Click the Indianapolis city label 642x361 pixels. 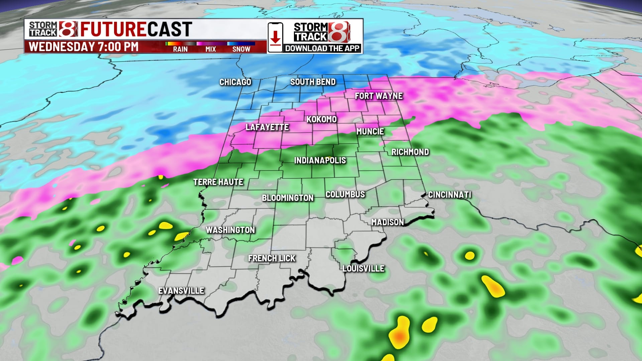pos(320,160)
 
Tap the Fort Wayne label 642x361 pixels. pos(379,96)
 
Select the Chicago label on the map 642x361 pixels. pos(235,82)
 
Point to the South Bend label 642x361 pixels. pos(313,82)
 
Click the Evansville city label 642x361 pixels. pos(181,290)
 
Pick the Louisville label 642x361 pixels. pos(363,268)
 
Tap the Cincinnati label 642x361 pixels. pos(450,195)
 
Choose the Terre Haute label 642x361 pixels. pos(218,182)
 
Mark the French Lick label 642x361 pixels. pos(272,258)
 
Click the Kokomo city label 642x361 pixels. pos(322,119)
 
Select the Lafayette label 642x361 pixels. pos(267,127)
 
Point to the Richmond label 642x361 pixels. pos(410,152)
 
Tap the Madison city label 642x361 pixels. pos(388,222)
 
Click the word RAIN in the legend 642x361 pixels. pos(180,49)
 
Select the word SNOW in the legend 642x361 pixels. pos(241,49)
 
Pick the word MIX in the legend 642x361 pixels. pos(211,49)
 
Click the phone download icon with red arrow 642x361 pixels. pos(275,37)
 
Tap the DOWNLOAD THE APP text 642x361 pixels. pos(322,48)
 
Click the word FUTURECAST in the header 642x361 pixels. pos(136,29)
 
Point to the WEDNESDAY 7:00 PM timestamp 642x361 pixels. pos(84,46)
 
